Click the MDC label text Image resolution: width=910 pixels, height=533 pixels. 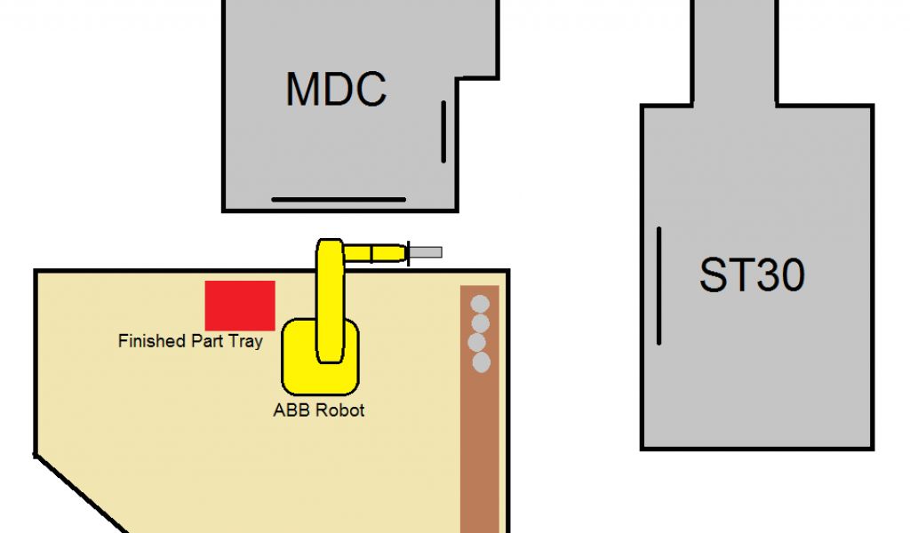[336, 89]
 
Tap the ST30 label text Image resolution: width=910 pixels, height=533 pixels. [752, 274]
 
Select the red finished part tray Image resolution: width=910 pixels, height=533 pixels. [240, 305]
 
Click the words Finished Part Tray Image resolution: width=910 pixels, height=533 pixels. [190, 341]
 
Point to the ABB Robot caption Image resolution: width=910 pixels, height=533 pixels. [318, 410]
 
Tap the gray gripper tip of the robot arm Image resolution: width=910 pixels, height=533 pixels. [426, 252]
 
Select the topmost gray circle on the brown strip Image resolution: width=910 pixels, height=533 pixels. [480, 303]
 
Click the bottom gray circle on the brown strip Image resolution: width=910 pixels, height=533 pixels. [482, 362]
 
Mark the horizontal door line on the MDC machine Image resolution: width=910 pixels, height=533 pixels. [338, 199]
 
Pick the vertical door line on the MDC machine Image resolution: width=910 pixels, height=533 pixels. [443, 131]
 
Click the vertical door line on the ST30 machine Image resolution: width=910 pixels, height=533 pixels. [659, 285]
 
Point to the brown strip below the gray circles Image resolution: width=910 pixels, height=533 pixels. [479, 453]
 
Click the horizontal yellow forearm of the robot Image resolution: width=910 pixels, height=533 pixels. [373, 253]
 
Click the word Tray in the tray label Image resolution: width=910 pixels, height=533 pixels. [245, 341]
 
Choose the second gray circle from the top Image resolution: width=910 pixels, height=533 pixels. [481, 322]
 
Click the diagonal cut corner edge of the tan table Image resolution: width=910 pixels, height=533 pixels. [80, 494]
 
